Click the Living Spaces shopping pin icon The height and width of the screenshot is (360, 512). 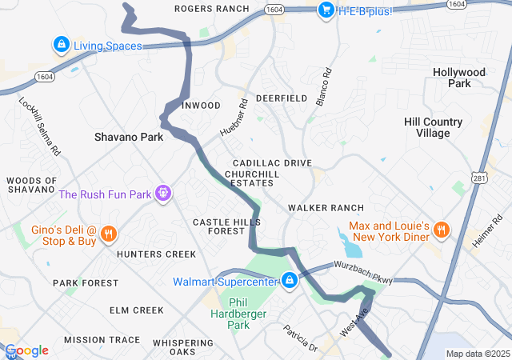pyautogui.click(x=61, y=45)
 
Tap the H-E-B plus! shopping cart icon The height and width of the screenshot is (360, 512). pyautogui.click(x=326, y=10)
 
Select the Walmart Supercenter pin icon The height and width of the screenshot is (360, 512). pyautogui.click(x=290, y=281)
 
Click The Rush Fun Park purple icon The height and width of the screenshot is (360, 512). pyautogui.click(x=164, y=194)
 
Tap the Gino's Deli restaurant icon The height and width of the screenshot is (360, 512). pyautogui.click(x=110, y=234)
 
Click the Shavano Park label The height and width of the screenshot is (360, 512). pyautogui.click(x=129, y=137)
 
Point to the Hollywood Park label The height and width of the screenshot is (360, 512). pyautogui.click(x=459, y=78)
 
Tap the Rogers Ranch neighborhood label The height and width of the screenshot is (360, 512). pyautogui.click(x=211, y=9)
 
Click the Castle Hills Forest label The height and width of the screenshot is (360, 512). pyautogui.click(x=218, y=226)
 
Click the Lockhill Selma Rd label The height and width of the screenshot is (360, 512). pyautogui.click(x=40, y=126)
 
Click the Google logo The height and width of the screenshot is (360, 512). pyautogui.click(x=27, y=350)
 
